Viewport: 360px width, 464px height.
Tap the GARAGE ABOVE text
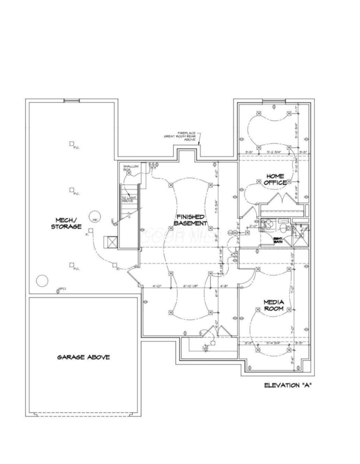pos(83,357)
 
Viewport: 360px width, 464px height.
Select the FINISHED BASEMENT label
pos(190,220)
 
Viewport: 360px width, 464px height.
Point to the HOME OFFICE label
pos(275,179)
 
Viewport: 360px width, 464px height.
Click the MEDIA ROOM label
pos(273,305)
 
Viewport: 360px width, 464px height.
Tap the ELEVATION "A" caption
pos(287,385)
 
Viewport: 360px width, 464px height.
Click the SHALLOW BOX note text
pos(131,168)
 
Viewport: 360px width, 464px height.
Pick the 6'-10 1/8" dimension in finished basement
pos(190,286)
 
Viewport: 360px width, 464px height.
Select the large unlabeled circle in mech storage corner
pos(42,281)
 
